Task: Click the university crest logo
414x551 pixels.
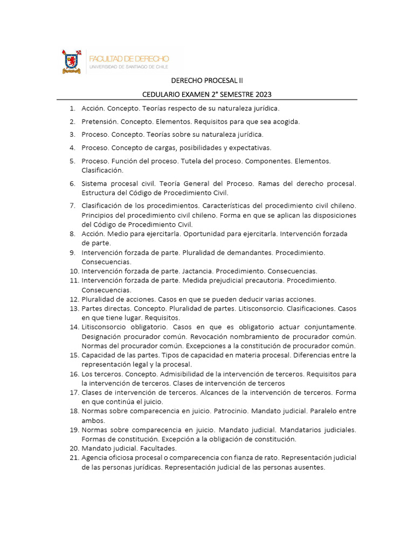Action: [72, 61]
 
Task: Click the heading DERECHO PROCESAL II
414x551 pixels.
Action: [207, 81]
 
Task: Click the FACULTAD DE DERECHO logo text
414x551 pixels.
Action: [128, 58]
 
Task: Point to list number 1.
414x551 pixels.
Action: [72, 109]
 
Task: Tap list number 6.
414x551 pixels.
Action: [72, 183]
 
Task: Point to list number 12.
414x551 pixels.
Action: [74, 299]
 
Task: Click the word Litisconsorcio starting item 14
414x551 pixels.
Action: [105, 327]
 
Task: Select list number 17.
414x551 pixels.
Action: [74, 393]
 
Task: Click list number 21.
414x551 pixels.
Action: [74, 458]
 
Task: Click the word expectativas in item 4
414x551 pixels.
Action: [247, 147]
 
